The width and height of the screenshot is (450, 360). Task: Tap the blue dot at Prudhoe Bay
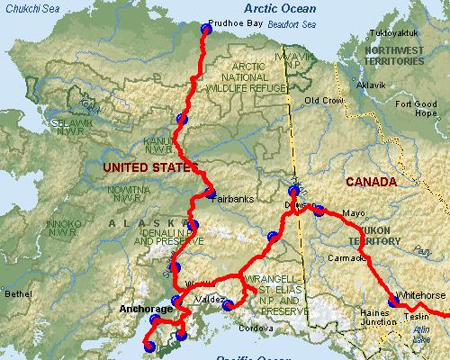pyautogui.click(x=205, y=30)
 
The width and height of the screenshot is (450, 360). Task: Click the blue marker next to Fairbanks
pyautogui.click(x=209, y=193)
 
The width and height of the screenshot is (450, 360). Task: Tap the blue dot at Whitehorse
pyautogui.click(x=393, y=301)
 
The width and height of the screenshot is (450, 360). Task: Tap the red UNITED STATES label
pyautogui.click(x=148, y=168)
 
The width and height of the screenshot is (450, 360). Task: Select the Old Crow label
pyautogui.click(x=324, y=100)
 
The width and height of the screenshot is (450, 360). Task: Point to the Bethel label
pyautogui.click(x=18, y=294)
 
